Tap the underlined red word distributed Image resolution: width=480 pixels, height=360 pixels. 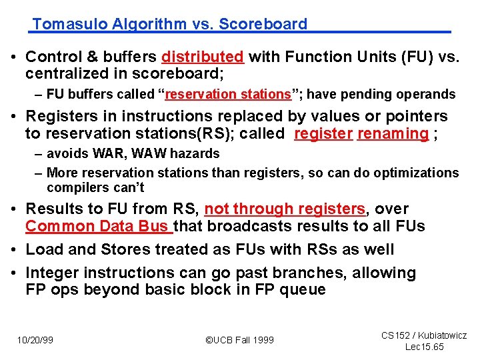pos(203,57)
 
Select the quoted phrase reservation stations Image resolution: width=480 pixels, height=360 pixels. pos(229,95)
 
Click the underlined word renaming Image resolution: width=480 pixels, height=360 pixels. pos(393,133)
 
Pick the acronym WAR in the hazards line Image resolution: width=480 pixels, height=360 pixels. pos(104,153)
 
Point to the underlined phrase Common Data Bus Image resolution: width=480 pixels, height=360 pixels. pos(98,226)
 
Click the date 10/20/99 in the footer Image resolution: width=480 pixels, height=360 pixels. pos(35,340)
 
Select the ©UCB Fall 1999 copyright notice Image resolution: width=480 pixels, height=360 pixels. pos(239,340)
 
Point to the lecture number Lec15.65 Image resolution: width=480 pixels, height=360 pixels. pos(424,347)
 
